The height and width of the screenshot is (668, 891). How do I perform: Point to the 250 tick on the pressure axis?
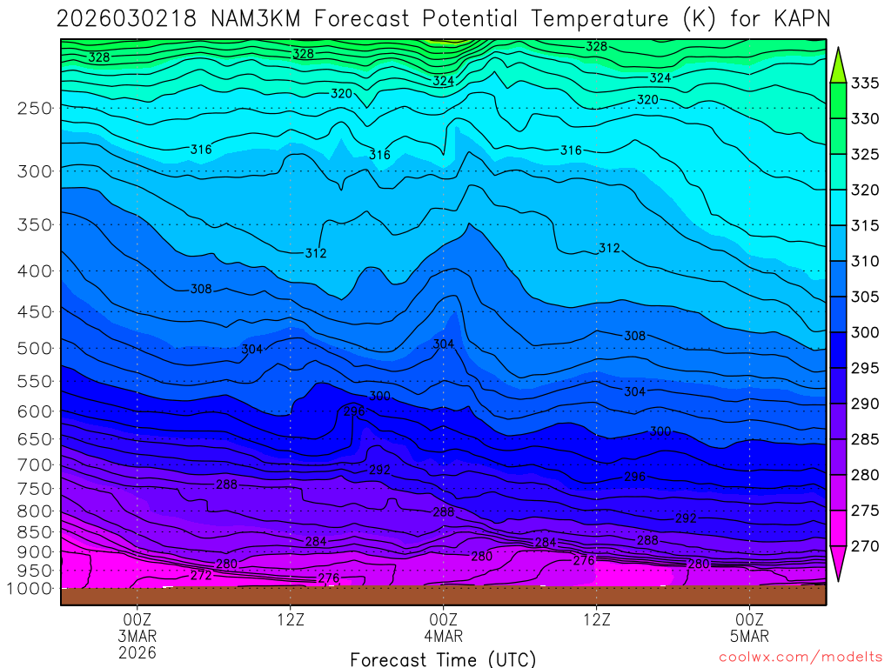pyautogui.click(x=34, y=108)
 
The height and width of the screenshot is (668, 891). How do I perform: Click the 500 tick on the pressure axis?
pyautogui.click(x=34, y=348)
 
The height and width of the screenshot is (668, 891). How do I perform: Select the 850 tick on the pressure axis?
pyautogui.click(x=34, y=531)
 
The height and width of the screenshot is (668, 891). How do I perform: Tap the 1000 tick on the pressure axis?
pyautogui.click(x=31, y=589)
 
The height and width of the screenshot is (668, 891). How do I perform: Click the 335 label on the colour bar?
pyautogui.click(x=866, y=83)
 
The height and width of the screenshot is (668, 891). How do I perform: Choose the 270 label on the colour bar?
pyautogui.click(x=866, y=546)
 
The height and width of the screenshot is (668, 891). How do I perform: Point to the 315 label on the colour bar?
pyautogui.click(x=866, y=226)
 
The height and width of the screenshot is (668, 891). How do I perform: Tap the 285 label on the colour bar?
pyautogui.click(x=866, y=439)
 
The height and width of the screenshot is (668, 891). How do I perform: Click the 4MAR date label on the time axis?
pyautogui.click(x=443, y=635)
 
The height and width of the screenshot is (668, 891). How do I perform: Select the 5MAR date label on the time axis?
pyautogui.click(x=749, y=635)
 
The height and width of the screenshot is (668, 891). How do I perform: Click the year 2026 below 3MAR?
pyautogui.click(x=137, y=651)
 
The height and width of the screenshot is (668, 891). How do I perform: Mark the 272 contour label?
pyautogui.click(x=201, y=575)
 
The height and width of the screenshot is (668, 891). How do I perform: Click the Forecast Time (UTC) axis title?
pyautogui.click(x=443, y=659)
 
